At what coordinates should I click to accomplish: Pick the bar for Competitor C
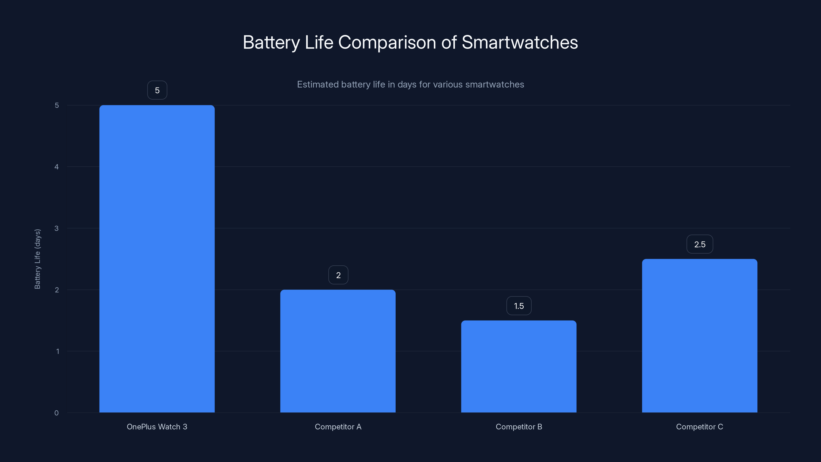[700, 335]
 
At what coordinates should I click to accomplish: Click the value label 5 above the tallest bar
[157, 90]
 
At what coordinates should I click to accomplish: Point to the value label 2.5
[700, 244]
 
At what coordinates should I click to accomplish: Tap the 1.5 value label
[519, 306]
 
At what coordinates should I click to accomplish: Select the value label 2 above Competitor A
[338, 275]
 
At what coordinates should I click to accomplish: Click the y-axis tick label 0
[56, 413]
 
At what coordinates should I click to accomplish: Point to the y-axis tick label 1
[57, 351]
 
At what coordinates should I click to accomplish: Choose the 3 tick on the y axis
[56, 228]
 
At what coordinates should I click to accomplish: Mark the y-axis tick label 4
[56, 167]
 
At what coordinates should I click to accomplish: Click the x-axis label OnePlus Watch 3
[157, 427]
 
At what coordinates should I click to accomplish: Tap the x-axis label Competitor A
[338, 427]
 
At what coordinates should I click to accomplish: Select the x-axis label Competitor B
[519, 427]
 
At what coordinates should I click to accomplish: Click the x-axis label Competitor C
[700, 427]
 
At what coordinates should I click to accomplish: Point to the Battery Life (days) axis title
[37, 259]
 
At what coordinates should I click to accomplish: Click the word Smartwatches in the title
[520, 42]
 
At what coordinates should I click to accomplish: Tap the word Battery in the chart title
[271, 42]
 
